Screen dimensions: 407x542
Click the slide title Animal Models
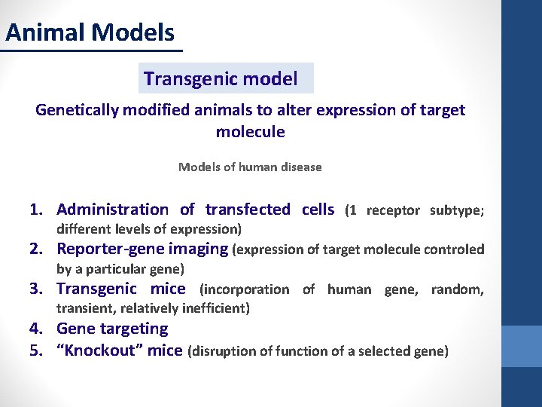(x=90, y=32)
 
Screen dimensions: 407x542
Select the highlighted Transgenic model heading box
(x=226, y=78)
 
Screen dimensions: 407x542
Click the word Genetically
(x=77, y=110)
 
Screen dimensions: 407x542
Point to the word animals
(x=224, y=110)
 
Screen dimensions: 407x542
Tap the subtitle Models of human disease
(x=250, y=167)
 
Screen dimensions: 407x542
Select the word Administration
(x=113, y=210)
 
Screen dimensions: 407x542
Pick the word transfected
(x=248, y=210)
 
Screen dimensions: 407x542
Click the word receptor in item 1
(x=393, y=210)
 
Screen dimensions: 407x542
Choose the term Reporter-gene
(x=105, y=249)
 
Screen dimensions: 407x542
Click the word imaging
(x=199, y=249)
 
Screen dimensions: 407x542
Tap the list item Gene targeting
(x=112, y=329)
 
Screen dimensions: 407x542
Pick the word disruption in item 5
(x=225, y=350)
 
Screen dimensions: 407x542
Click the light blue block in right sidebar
(x=521, y=346)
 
